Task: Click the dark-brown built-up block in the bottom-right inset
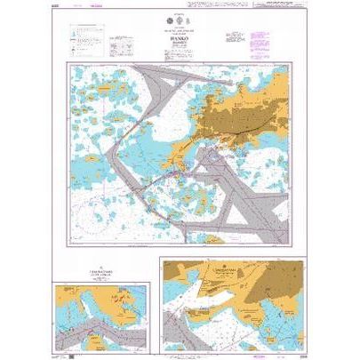[213, 283]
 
